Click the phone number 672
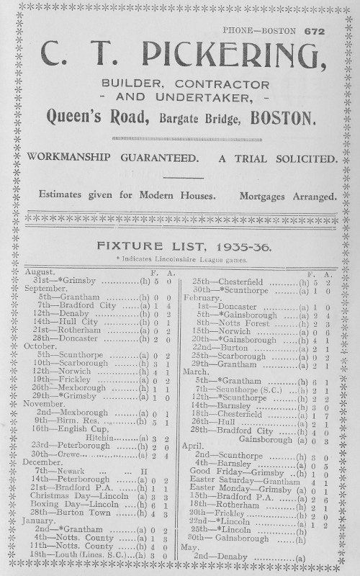(315, 31)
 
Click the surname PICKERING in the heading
(231, 55)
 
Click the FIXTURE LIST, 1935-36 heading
(179, 246)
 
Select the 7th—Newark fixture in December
(64, 469)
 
